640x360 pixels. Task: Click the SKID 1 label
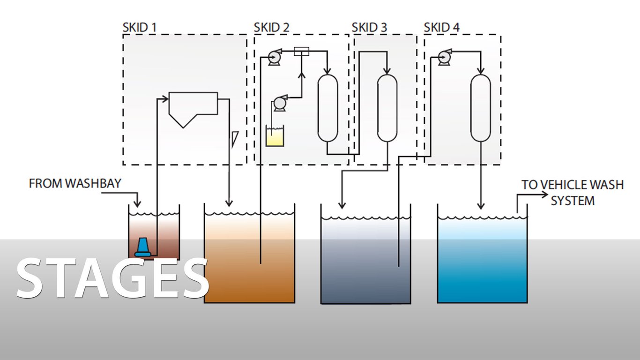pos(139,28)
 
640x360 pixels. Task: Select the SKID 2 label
pos(271,28)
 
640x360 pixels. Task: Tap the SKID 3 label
pos(369,28)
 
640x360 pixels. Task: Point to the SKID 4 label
pos(442,28)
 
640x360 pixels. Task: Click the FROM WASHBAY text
pos(75,183)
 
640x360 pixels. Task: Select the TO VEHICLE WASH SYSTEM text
pos(573,193)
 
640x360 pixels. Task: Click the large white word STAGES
pos(112,280)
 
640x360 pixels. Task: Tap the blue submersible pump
pos(142,247)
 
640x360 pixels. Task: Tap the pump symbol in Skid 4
pos(443,57)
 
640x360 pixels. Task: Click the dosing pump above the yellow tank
pos(280,103)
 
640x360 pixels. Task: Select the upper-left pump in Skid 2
pos(273,58)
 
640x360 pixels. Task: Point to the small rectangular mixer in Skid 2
pos(302,51)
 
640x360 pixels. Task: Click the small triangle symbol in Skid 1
pos(234,139)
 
